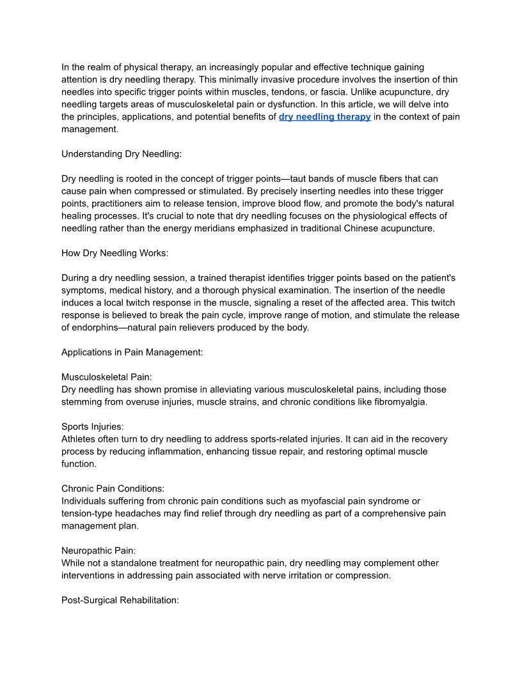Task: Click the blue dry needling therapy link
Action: tap(324, 117)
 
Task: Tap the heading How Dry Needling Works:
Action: tap(115, 253)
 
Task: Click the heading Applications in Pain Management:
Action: tap(132, 352)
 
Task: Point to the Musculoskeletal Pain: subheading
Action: tap(106, 377)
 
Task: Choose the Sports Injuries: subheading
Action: tap(93, 426)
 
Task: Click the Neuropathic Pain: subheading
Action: tap(99, 550)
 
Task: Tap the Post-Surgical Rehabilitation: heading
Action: tap(120, 600)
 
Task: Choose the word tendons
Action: tap(279, 92)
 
